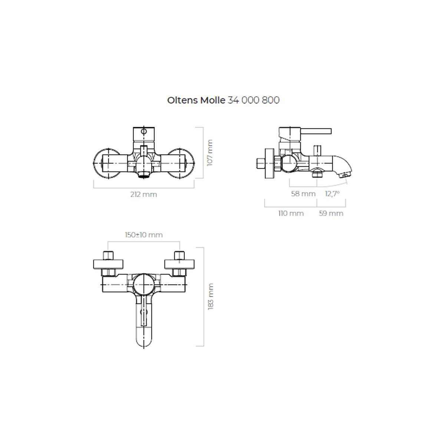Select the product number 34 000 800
click(254, 100)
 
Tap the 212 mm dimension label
click(144, 194)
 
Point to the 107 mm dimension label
click(210, 152)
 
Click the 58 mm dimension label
click(303, 194)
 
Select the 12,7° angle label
click(332, 194)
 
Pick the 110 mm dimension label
click(291, 213)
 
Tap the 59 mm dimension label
click(331, 213)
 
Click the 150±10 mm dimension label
click(144, 235)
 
